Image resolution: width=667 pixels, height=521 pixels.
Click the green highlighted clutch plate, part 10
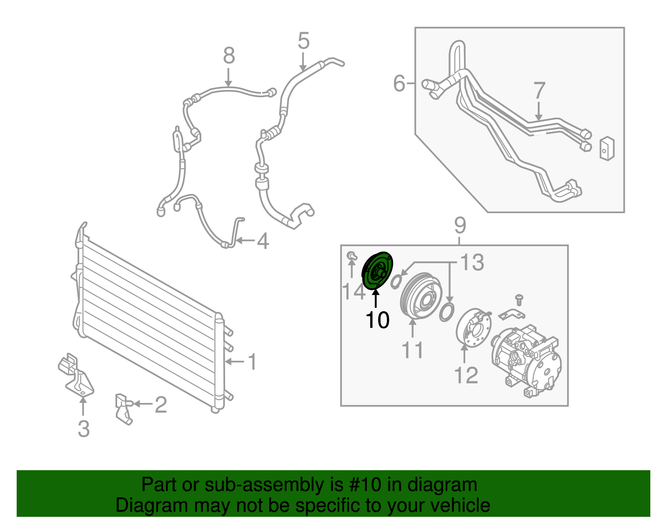377,270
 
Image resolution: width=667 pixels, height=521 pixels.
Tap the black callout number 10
377,320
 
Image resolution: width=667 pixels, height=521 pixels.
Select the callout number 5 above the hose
303,40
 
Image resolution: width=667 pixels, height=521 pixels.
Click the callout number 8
229,55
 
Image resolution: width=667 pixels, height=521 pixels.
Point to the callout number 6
399,83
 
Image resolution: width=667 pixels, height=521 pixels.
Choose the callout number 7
539,90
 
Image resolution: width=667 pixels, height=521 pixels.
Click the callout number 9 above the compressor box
460,225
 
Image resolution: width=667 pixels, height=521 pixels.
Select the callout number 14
353,291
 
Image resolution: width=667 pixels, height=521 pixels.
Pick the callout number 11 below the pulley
412,350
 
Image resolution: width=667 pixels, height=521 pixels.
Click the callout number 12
466,375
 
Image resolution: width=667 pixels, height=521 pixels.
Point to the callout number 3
83,428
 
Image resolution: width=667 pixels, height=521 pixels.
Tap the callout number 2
161,404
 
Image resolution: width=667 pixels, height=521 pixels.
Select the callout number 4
263,241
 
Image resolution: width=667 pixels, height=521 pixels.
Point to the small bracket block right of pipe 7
607,148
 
